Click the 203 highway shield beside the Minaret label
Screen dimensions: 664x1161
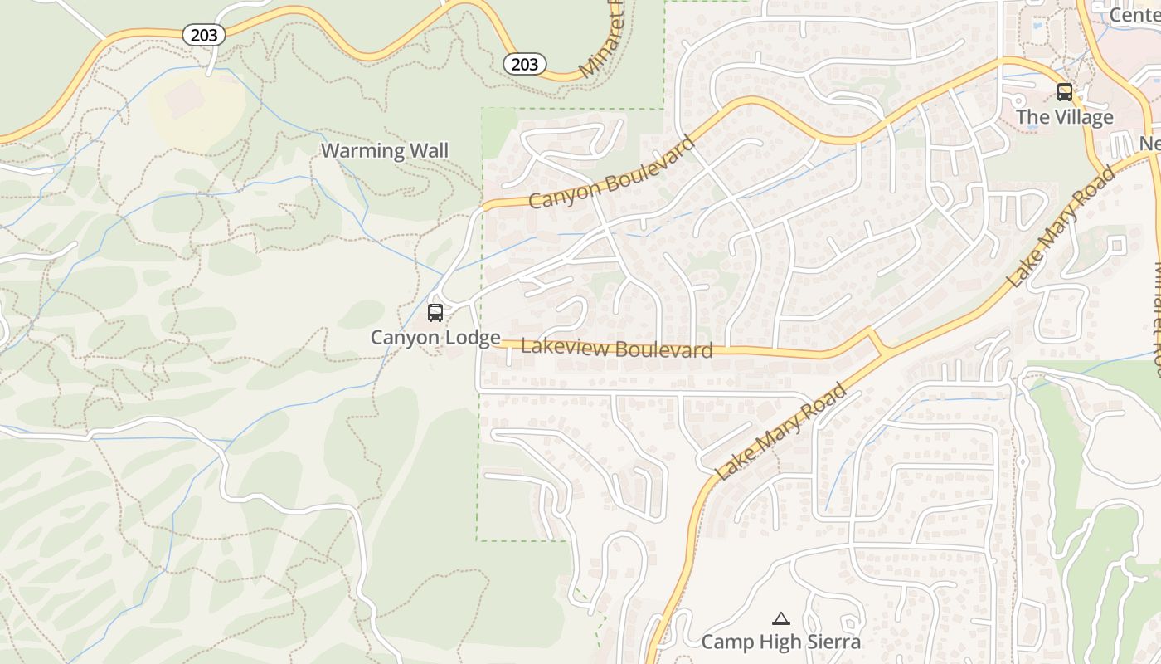[x=525, y=64]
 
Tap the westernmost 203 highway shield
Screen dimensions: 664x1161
[x=203, y=34]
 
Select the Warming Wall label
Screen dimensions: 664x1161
[x=384, y=150]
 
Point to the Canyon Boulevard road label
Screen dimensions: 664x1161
[x=611, y=173]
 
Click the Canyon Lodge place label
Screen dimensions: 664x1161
[x=435, y=337]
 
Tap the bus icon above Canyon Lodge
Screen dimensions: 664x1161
[x=435, y=313]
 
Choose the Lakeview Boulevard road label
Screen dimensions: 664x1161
[x=616, y=349]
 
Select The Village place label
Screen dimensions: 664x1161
[x=1065, y=117]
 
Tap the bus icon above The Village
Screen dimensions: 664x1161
[x=1065, y=92]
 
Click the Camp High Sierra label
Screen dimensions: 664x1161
[x=780, y=642]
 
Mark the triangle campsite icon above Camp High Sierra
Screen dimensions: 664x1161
[x=780, y=618]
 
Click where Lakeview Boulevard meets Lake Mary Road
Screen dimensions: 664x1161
[x=877, y=344]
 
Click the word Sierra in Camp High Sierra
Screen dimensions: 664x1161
[x=831, y=642]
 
